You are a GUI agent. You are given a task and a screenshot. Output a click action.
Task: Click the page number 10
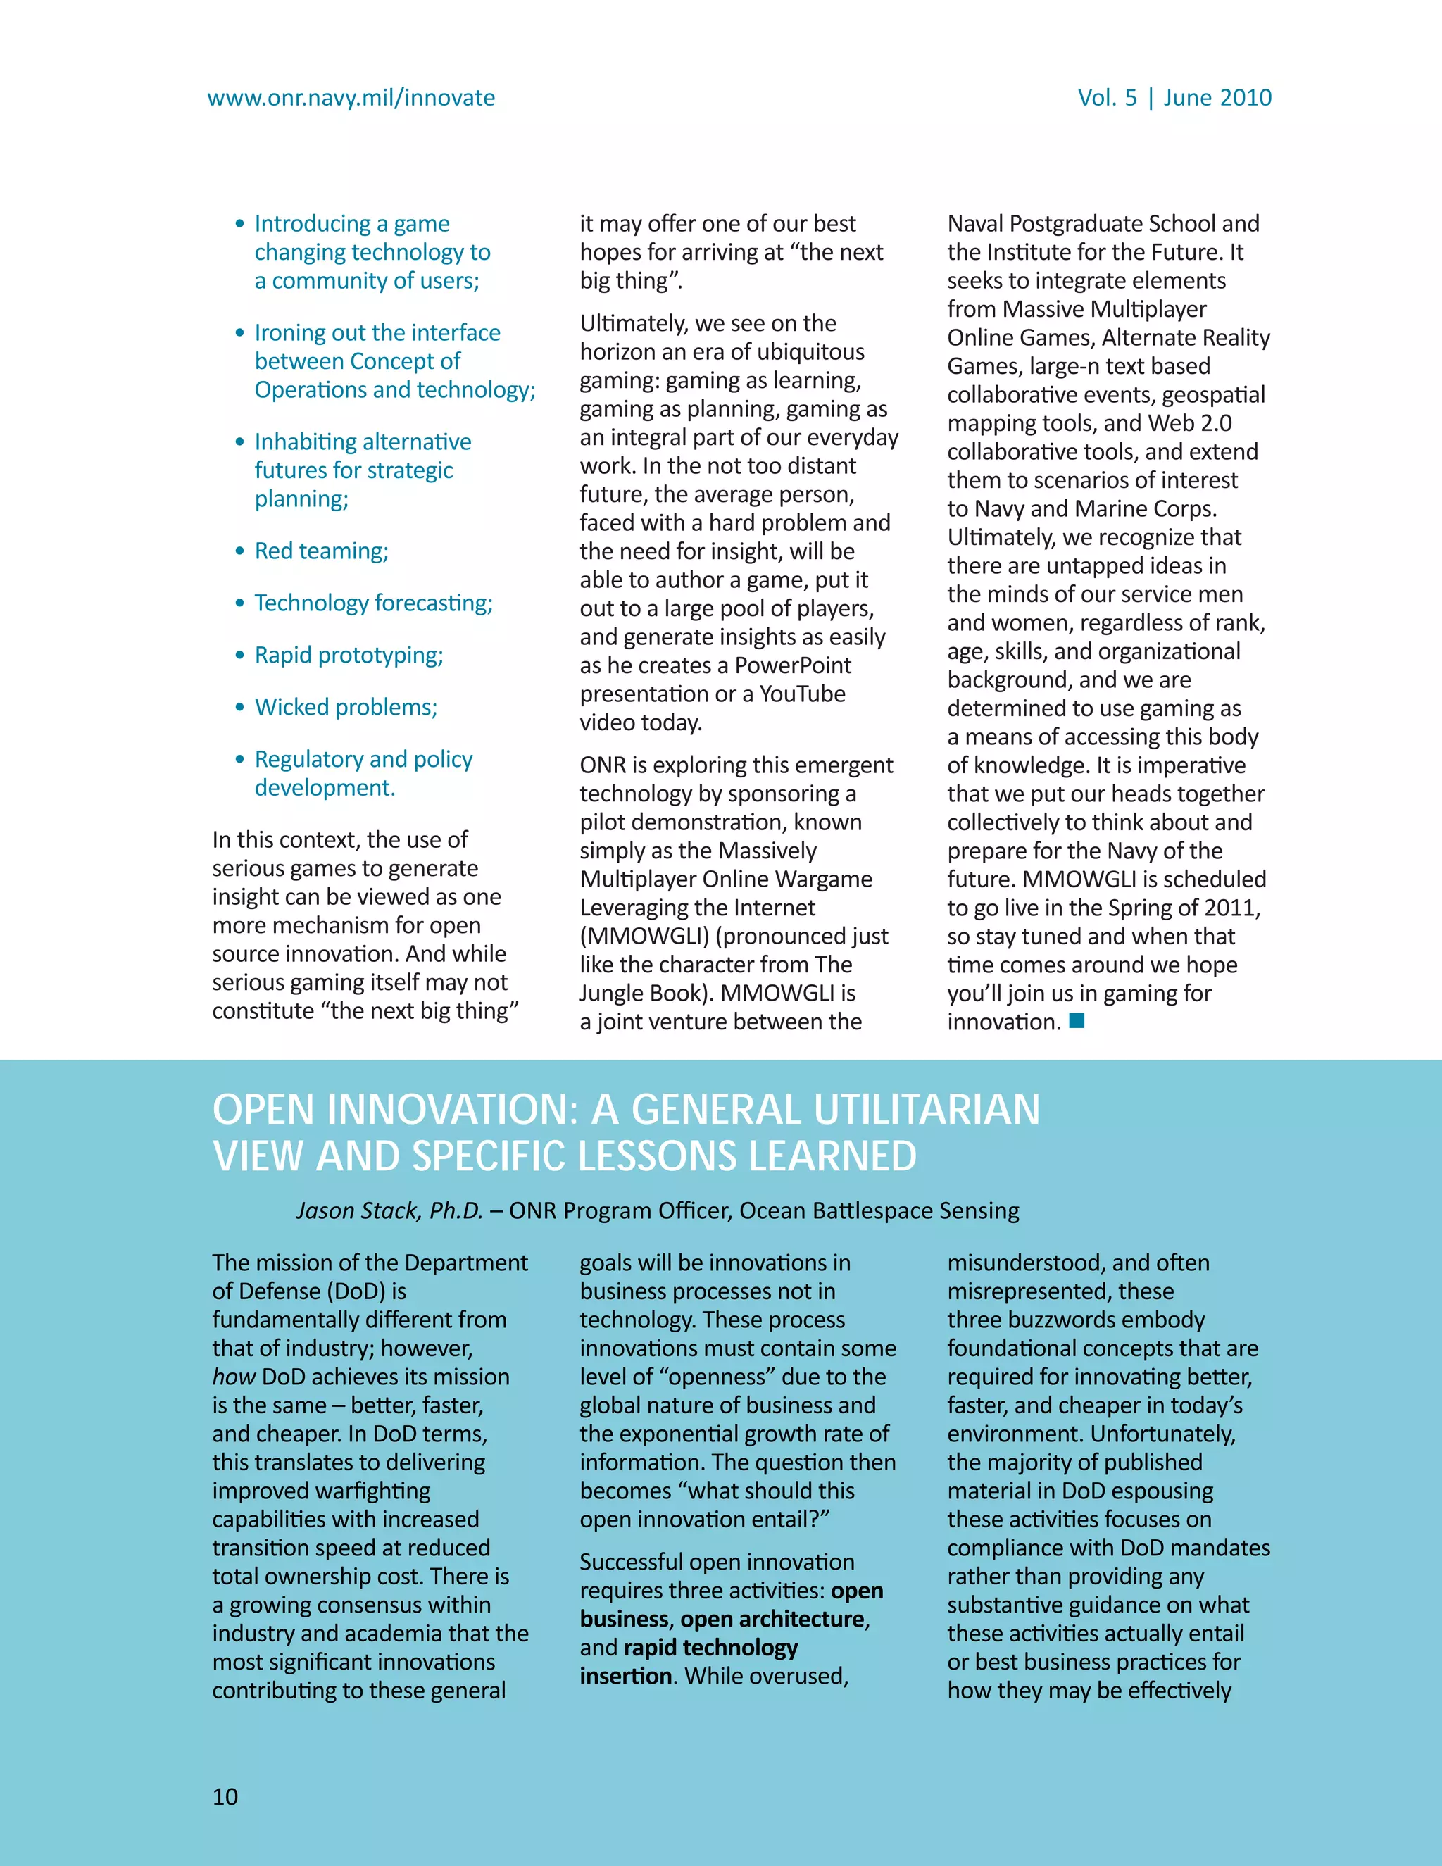coord(225,1796)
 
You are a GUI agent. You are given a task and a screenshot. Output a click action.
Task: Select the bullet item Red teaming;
coord(321,551)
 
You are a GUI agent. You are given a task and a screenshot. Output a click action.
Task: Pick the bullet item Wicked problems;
coord(346,708)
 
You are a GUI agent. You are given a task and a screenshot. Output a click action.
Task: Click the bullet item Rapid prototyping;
coord(349,656)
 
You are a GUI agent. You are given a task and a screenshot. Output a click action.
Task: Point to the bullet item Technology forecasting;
coord(373,603)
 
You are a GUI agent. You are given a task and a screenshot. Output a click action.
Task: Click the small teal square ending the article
coord(1077,1020)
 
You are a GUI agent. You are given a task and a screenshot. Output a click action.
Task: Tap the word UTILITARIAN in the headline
coord(926,1110)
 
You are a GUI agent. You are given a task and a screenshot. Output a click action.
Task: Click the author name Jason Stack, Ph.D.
coord(389,1210)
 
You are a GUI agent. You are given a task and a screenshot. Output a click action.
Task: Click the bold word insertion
coord(625,1677)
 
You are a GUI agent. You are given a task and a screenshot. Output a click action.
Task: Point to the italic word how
coord(233,1377)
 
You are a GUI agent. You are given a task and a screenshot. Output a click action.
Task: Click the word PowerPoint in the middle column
coord(793,665)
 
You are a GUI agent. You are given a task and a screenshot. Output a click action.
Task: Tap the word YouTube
coord(802,694)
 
